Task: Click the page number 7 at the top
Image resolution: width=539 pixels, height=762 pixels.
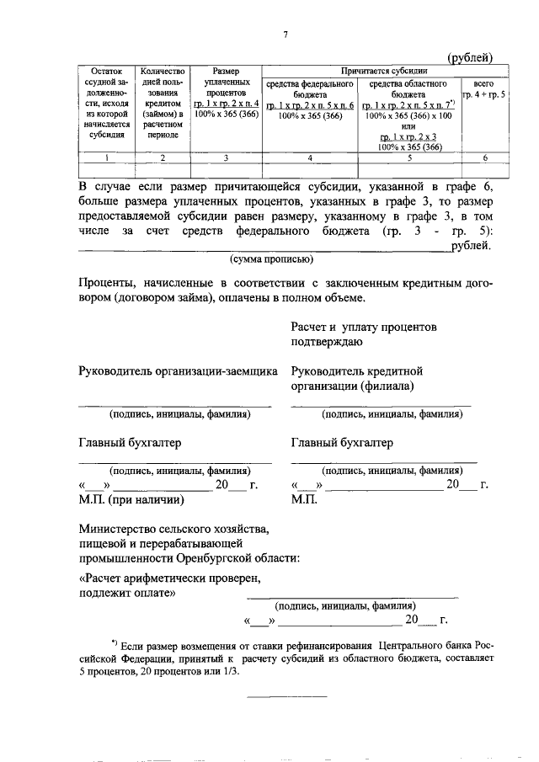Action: [x=286, y=34]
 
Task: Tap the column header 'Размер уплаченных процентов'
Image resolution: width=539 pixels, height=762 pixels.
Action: [x=221, y=93]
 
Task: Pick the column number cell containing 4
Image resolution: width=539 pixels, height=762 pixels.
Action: [x=310, y=157]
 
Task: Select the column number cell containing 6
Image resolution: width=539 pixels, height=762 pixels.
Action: [x=484, y=157]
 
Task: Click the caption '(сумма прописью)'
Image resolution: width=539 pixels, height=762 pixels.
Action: [x=271, y=259]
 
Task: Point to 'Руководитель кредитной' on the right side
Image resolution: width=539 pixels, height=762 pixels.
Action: [x=356, y=370]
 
